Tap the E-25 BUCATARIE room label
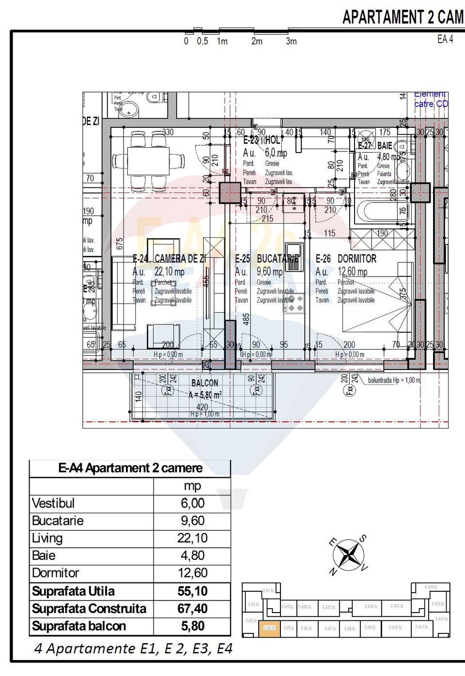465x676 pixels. [267, 259]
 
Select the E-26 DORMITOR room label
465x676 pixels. [346, 259]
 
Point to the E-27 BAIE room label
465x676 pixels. [375, 146]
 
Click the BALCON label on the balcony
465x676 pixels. [204, 383]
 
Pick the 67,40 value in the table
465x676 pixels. [192, 609]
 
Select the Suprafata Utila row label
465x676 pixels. [73, 591]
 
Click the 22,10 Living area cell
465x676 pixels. [192, 538]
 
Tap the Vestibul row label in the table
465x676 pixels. [53, 504]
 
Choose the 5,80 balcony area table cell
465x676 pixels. [192, 626]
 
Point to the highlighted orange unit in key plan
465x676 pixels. [269, 628]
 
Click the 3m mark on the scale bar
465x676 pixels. [291, 41]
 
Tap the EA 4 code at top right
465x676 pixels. [445, 40]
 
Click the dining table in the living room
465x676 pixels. [148, 161]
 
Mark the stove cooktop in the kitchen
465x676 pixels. [294, 303]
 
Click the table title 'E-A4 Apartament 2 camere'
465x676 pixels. [130, 468]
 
